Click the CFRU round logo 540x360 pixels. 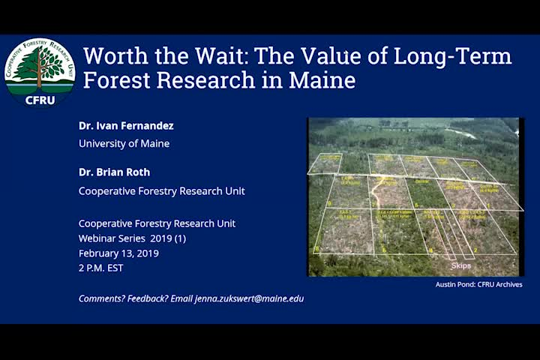point(40,72)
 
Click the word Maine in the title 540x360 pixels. point(320,79)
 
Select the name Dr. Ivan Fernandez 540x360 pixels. point(126,126)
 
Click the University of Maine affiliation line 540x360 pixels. point(124,143)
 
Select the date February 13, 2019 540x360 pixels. point(118,253)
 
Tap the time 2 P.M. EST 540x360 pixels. point(101,268)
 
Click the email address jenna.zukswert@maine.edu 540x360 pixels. point(249,298)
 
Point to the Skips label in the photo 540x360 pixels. point(460,265)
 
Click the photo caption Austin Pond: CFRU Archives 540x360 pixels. point(478,284)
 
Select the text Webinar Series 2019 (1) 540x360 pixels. point(132,238)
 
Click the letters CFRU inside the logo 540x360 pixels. point(40,100)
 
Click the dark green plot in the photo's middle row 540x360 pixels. point(427,193)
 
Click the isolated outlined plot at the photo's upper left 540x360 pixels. point(325,163)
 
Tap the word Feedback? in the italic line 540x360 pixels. point(148,298)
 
